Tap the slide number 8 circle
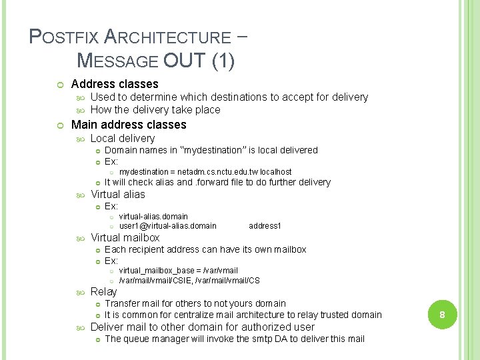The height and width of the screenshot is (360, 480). click(x=441, y=315)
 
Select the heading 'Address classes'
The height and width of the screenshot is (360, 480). click(x=115, y=84)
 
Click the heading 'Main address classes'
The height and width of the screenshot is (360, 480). click(x=129, y=125)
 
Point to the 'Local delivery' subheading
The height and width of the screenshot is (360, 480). click(x=122, y=138)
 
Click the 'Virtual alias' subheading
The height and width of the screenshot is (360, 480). click(x=117, y=194)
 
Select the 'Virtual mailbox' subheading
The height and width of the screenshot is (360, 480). click(x=125, y=237)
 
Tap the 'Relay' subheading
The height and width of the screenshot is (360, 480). click(x=103, y=291)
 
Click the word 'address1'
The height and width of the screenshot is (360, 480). click(x=265, y=226)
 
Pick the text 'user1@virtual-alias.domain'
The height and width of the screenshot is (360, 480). click(x=167, y=226)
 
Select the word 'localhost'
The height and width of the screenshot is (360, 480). click(x=275, y=172)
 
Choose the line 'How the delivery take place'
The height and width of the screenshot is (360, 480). click(x=155, y=110)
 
